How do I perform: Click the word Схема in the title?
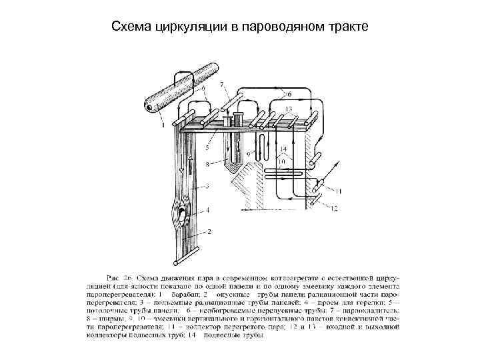pos(129,27)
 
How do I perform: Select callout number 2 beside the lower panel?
pos(210,231)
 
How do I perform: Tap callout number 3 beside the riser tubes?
pos(208,186)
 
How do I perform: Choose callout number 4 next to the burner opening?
pos(208,209)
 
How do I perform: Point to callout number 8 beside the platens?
pos(208,163)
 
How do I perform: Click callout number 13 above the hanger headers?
pos(288,108)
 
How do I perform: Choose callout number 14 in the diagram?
pos(283,149)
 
